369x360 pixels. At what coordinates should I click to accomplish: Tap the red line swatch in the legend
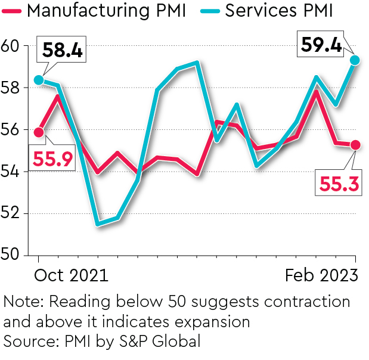coord(13,11)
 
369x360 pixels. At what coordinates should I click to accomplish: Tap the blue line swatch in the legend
coord(210,11)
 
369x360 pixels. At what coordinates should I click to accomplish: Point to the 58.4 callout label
coord(63,49)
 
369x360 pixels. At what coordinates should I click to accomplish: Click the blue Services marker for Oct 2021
coord(39,80)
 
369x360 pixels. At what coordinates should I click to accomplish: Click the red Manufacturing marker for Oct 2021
coord(39,132)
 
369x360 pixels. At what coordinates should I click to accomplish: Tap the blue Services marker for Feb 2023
coord(355,60)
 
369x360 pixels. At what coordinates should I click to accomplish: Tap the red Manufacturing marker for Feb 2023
coord(355,145)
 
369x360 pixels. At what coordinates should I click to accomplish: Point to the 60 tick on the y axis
coord(10,46)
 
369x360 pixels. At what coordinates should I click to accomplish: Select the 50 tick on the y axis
coord(10,256)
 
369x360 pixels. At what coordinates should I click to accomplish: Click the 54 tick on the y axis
coord(10,172)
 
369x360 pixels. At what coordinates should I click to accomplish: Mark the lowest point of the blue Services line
coord(97,224)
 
